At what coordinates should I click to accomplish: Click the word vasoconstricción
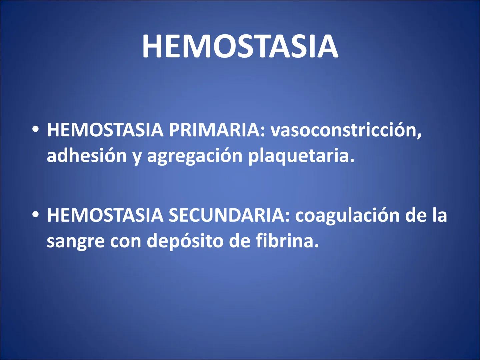point(346,130)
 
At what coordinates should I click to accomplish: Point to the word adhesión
point(87,155)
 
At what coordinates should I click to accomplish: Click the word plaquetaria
point(301,156)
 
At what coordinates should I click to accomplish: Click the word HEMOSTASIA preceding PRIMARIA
point(105,130)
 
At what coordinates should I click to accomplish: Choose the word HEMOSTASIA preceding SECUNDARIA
point(105,215)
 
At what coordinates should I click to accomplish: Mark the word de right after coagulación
point(416,215)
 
